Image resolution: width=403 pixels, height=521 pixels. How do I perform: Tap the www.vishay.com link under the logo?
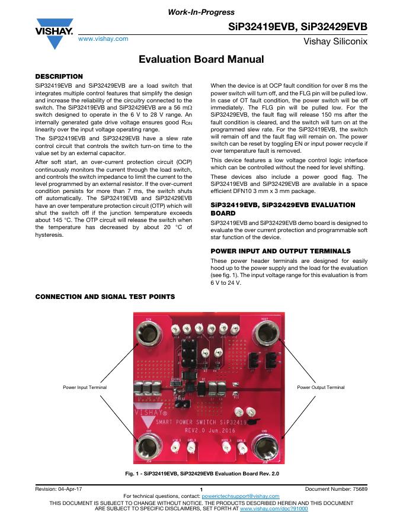click(x=104, y=38)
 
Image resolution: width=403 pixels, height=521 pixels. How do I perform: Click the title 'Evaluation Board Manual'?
click(x=201, y=59)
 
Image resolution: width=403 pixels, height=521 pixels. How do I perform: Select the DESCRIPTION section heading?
click(x=59, y=76)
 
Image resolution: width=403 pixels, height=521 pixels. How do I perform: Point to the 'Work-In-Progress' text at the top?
click(x=201, y=12)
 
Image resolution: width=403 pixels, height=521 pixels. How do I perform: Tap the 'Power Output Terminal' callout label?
click(x=320, y=387)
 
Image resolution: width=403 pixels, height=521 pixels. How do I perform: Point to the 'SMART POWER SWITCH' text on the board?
click(x=190, y=422)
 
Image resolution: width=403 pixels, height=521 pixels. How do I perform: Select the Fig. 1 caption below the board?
click(x=201, y=474)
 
